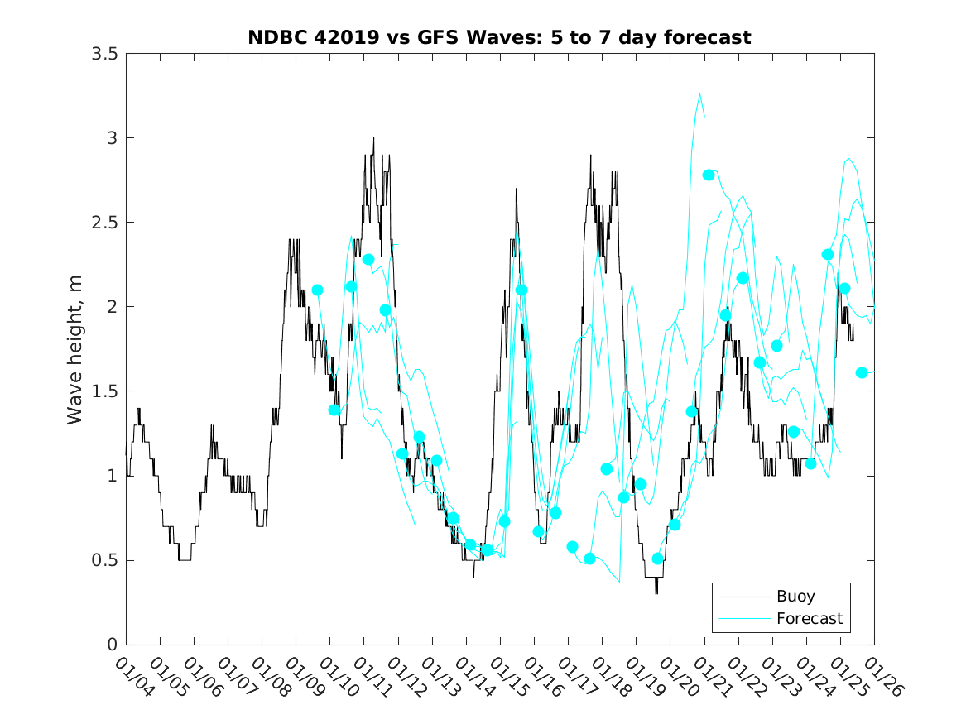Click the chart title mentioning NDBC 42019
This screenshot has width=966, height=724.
pos(499,37)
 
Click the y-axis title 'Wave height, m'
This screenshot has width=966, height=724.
pos(76,349)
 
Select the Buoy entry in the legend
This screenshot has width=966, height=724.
pos(795,597)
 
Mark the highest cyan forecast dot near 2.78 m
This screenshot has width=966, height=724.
pos(709,175)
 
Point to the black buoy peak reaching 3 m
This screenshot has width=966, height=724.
pos(373,138)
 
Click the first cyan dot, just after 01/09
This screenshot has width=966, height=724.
pos(317,290)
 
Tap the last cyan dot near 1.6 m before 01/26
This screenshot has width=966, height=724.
pos(862,372)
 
